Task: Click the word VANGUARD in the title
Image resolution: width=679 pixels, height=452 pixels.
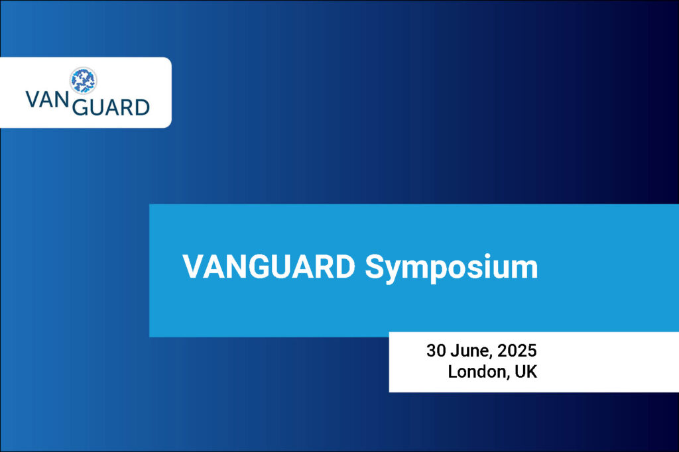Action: [269, 266]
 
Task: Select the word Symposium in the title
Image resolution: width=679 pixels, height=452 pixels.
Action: [452, 269]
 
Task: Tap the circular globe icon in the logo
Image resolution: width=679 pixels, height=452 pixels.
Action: [83, 81]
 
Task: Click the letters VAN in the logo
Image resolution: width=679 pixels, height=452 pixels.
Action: [47, 99]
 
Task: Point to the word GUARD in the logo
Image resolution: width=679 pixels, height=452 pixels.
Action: [111, 107]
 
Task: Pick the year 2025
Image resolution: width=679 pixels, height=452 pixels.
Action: [517, 351]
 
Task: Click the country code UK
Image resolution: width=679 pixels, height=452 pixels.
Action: [526, 372]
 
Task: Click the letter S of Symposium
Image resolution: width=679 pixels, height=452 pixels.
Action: [375, 266]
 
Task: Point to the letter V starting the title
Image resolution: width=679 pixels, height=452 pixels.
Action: [193, 266]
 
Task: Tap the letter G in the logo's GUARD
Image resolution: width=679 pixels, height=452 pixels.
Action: [80, 107]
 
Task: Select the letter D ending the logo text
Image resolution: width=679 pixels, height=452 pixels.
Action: [143, 107]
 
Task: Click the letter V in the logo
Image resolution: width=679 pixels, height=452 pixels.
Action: [32, 99]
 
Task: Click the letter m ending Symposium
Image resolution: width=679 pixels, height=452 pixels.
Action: [525, 270]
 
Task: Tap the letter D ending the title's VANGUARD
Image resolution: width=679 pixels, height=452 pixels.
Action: [345, 266]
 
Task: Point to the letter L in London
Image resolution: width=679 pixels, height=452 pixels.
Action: [452, 372]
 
